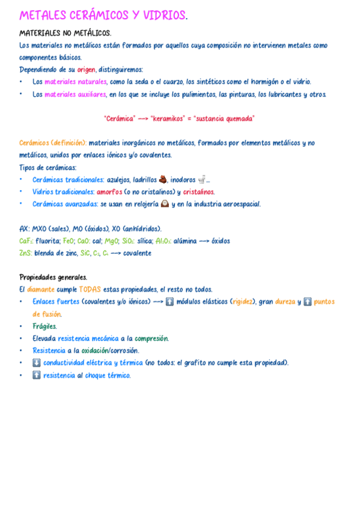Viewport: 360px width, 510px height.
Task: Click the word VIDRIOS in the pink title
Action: (x=164, y=16)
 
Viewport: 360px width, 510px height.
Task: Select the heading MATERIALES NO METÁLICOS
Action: (x=65, y=33)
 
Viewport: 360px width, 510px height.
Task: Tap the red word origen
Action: (x=87, y=70)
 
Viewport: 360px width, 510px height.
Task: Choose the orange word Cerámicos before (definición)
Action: (x=34, y=143)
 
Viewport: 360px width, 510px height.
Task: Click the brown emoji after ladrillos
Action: (x=162, y=179)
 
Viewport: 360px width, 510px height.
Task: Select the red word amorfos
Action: (x=109, y=192)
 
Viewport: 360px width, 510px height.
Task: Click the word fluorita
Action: (x=47, y=241)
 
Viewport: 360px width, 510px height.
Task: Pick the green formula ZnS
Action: (x=25, y=253)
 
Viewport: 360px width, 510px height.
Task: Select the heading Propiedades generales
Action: (x=53, y=277)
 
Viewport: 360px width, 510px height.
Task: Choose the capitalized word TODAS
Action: (x=90, y=289)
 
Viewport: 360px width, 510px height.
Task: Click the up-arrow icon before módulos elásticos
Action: (x=169, y=302)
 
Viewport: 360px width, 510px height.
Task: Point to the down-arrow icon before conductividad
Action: (x=37, y=363)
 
